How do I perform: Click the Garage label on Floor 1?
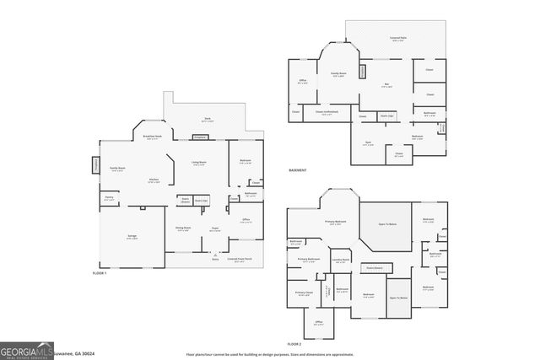132,237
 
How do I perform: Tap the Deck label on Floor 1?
207,119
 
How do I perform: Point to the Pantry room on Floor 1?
109,198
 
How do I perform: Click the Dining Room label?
182,228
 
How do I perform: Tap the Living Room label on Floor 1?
200,164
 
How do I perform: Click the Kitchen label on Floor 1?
154,180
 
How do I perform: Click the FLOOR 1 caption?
100,274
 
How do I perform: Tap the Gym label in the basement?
368,142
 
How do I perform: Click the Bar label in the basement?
386,85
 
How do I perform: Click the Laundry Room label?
341,261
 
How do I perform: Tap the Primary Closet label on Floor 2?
304,293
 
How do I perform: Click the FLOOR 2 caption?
294,345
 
